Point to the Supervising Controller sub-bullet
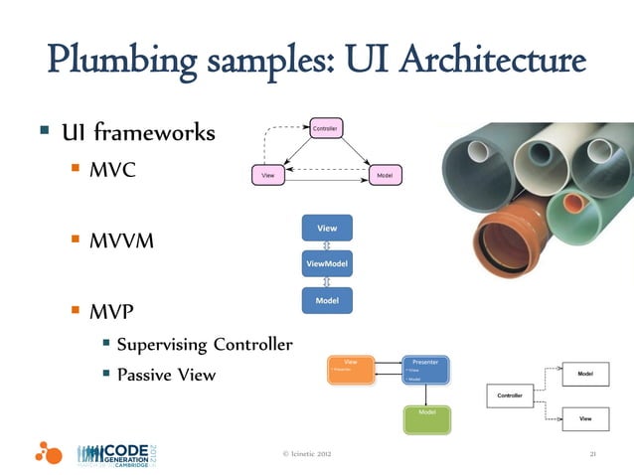(204, 345)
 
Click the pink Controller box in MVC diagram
(324, 129)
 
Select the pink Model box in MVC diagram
(385, 175)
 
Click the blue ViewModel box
(327, 264)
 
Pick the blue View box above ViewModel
(327, 228)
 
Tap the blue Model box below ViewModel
(327, 300)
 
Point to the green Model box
(426, 418)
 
